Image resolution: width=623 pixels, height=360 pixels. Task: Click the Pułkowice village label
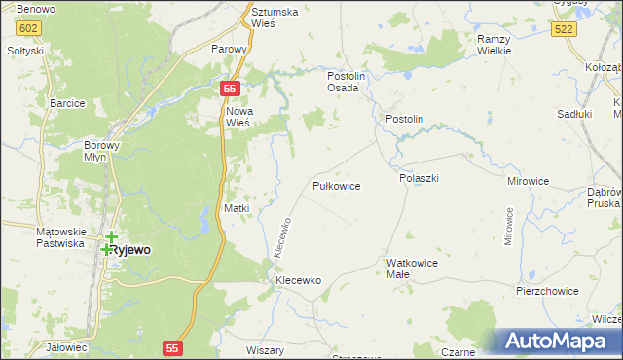coord(337,185)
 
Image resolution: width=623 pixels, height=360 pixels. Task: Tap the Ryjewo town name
coord(129,249)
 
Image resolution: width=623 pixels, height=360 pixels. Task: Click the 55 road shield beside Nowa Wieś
coord(229,89)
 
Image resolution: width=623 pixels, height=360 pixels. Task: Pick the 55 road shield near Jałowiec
coord(173,346)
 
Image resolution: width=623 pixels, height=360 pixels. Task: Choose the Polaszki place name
coord(420,179)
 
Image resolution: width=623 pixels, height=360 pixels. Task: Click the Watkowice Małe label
coord(413,269)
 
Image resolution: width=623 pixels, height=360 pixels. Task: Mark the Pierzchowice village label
coord(547,291)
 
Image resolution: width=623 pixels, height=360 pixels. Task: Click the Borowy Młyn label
coord(101,150)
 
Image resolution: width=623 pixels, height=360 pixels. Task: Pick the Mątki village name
coord(237,207)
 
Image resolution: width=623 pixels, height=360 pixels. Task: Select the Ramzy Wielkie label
coord(495,44)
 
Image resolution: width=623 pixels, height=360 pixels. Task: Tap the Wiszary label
coord(266,350)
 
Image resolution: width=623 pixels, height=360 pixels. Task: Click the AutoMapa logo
coord(560,342)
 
